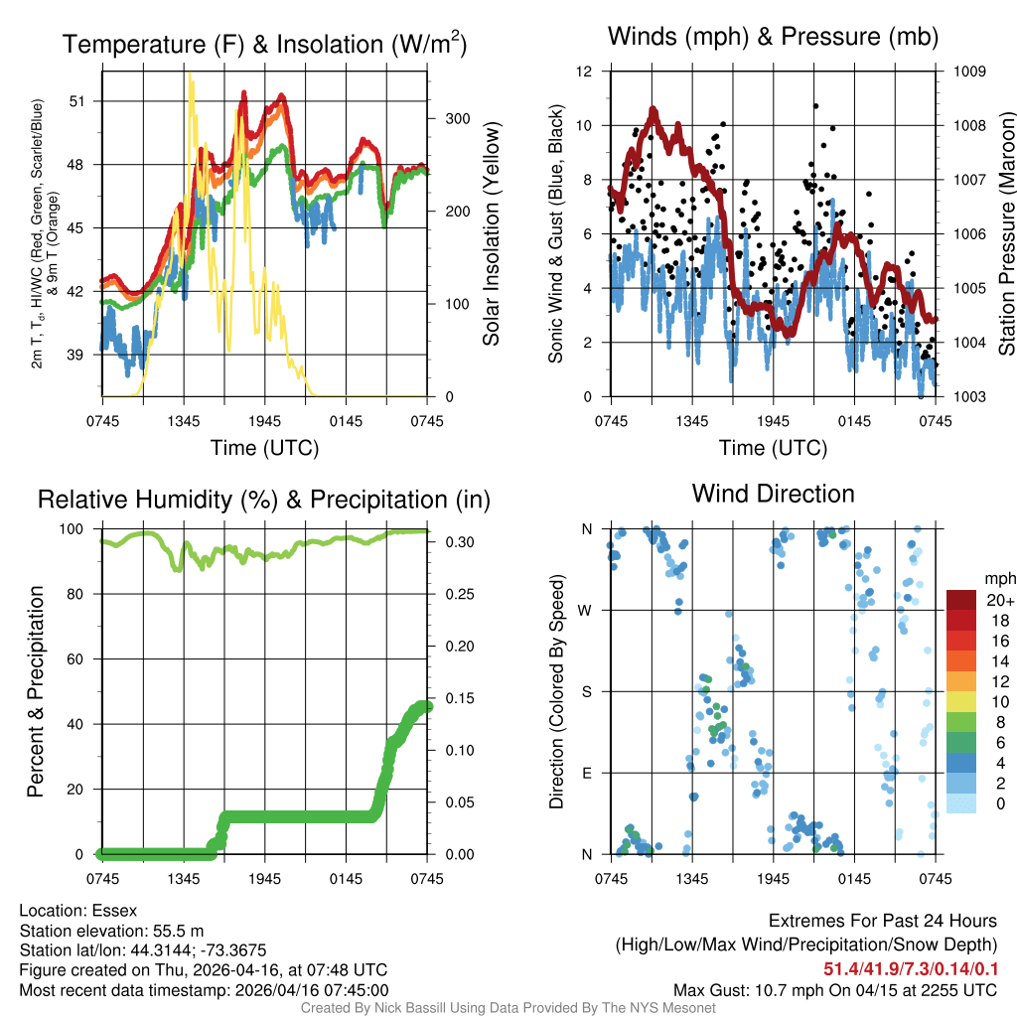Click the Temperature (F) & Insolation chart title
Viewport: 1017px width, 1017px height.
click(264, 45)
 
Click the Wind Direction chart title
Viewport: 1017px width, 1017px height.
click(773, 494)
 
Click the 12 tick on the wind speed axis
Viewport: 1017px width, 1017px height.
click(585, 72)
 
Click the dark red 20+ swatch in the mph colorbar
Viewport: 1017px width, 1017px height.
click(961, 600)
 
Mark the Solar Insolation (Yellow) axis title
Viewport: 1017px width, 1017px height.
click(491, 233)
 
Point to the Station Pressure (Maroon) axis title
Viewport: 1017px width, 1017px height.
click(1006, 233)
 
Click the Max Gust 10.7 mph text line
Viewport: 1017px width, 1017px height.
click(834, 989)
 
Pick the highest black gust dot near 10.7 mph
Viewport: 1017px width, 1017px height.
click(815, 105)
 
